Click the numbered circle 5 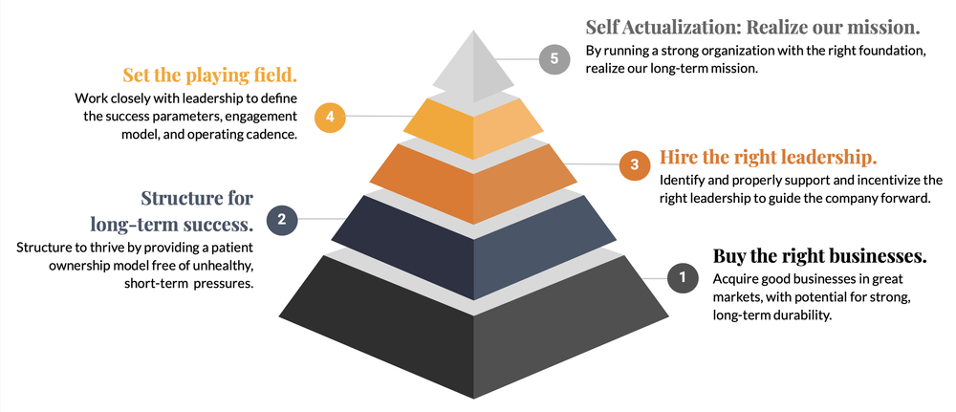click(554, 58)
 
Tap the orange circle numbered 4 click(329, 117)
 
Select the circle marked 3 click(633, 164)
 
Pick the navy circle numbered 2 click(282, 221)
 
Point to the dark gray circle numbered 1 click(682, 278)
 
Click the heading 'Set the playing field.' click(209, 74)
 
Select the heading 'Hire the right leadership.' click(769, 157)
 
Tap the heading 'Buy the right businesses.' click(819, 255)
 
